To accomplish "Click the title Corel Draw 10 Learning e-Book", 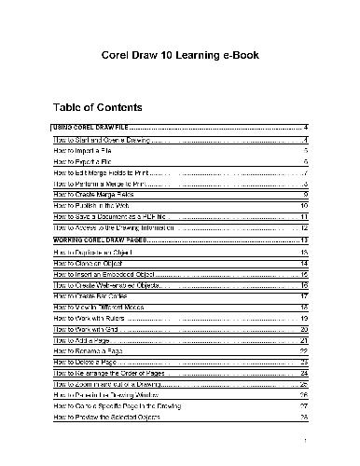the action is click(180, 55).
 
